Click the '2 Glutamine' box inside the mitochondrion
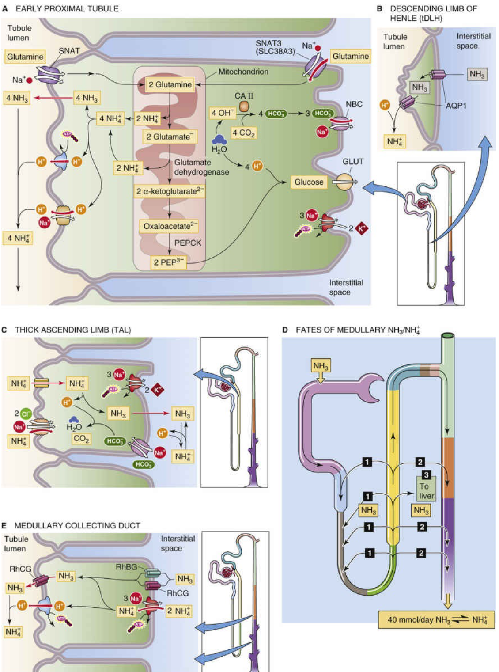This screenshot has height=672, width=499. coord(170,84)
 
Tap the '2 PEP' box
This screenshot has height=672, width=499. coord(168,262)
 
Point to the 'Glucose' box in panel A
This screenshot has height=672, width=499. coord(309,182)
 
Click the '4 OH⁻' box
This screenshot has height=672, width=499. coord(222,113)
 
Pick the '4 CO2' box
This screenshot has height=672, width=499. coord(244,133)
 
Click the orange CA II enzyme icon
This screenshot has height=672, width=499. coord(244,106)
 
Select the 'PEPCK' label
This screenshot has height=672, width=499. coord(188,243)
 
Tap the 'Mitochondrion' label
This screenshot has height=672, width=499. coord(243,72)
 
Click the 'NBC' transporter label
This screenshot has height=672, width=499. coord(354,104)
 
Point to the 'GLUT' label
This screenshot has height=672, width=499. coord(353,162)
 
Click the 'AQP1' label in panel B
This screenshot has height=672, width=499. coord(456,106)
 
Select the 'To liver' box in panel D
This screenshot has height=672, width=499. coord(427,491)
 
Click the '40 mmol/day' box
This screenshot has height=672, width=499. coord(437,619)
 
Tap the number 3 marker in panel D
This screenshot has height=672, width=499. coord(426,475)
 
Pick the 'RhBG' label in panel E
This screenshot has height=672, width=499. coord(126,567)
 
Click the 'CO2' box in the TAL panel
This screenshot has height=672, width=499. coord(81,439)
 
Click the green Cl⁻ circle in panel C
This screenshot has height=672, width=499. coord(26,414)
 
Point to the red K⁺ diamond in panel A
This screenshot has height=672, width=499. coord(362,228)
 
